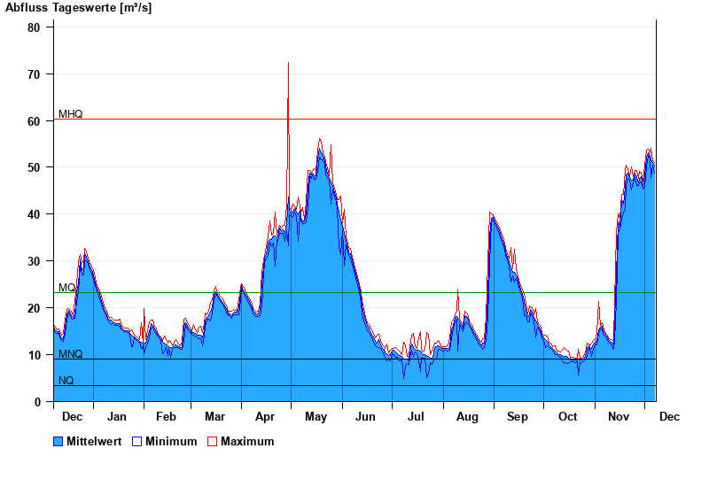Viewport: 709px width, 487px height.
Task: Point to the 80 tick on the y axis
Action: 34,27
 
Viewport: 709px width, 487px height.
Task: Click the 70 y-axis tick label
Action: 34,74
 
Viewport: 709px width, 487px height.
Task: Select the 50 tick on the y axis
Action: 34,167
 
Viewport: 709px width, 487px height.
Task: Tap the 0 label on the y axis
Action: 37,402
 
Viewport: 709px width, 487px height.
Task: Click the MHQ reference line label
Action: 71,114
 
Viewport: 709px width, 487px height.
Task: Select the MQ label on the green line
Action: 67,288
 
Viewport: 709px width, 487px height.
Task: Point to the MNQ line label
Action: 71,354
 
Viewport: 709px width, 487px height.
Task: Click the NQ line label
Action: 66,381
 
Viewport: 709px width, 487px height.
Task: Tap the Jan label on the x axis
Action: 117,416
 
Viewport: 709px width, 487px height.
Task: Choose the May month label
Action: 316,416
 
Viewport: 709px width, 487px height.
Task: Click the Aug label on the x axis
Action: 467,416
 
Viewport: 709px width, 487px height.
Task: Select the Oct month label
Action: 567,416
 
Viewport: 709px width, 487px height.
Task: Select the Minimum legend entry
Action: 171,441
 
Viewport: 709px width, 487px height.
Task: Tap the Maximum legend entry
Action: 247,441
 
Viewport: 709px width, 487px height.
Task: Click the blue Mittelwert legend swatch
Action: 58,441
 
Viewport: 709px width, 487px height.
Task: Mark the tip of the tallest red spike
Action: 288,62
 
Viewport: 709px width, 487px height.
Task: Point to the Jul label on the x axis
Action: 417,416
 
